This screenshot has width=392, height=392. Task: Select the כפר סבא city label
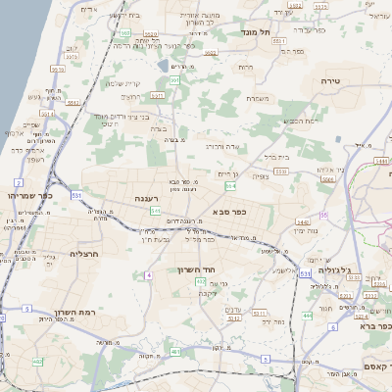click(x=227, y=211)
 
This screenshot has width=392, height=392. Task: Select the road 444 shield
click(x=307, y=317)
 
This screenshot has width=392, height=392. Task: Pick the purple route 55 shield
click(x=322, y=215)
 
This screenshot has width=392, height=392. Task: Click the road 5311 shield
click(x=261, y=314)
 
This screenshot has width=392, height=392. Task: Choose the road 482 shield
click(x=174, y=350)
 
